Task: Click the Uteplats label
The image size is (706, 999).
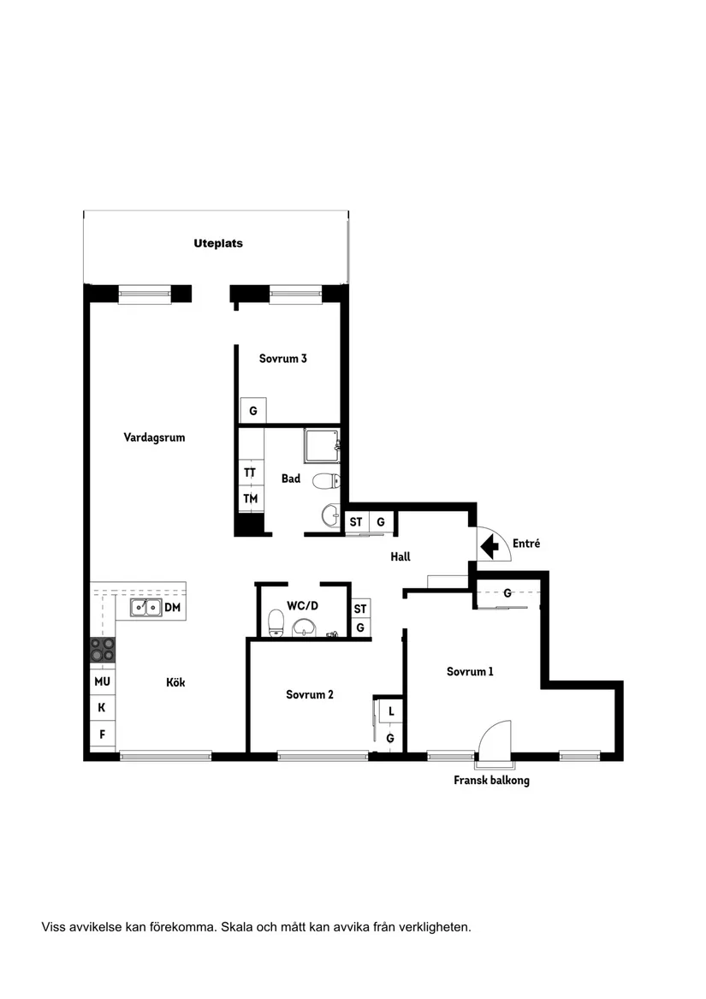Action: (217, 243)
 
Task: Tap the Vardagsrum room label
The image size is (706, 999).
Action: (154, 437)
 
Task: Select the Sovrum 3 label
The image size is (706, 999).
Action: (282, 359)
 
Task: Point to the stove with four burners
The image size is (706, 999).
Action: (104, 651)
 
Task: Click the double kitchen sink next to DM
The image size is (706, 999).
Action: (145, 608)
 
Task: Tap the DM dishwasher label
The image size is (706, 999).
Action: (172, 608)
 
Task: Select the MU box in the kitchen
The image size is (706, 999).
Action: (102, 681)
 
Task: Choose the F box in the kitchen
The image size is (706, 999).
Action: (102, 734)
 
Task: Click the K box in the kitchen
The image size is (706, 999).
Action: (102, 708)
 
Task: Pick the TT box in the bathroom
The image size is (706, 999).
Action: (250, 473)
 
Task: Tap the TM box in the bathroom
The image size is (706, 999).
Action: (250, 498)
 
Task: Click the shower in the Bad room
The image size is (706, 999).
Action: (322, 445)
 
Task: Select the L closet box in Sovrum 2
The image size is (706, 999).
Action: (390, 711)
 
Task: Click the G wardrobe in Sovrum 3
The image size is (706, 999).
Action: (252, 411)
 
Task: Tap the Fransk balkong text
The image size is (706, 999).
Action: (491, 781)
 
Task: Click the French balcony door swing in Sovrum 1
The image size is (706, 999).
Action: (495, 738)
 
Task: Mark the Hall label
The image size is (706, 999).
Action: (400, 556)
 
